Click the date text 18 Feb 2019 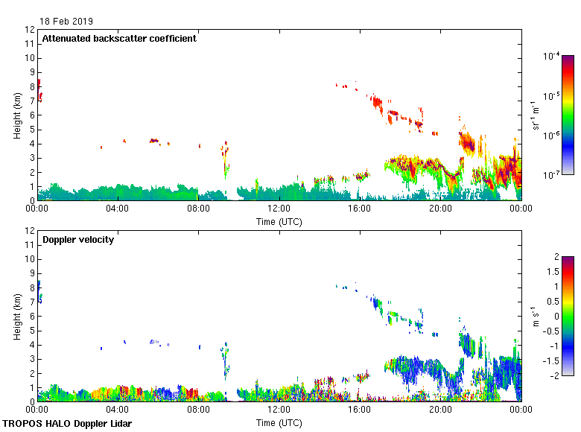pyautogui.click(x=67, y=22)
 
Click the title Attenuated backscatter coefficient pyautogui.click(x=119, y=39)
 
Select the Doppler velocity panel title pyautogui.click(x=78, y=240)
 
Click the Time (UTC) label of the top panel pyautogui.click(x=279, y=221)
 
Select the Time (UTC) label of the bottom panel pyautogui.click(x=279, y=422)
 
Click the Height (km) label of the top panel pyautogui.click(x=16, y=115)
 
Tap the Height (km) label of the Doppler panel pyautogui.click(x=16, y=317)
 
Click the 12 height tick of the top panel pyautogui.click(x=30, y=30)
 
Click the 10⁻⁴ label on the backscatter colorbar pyautogui.click(x=551, y=57)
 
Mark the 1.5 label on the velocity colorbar pyautogui.click(x=554, y=271)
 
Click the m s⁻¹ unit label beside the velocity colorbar pyautogui.click(x=536, y=316)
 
